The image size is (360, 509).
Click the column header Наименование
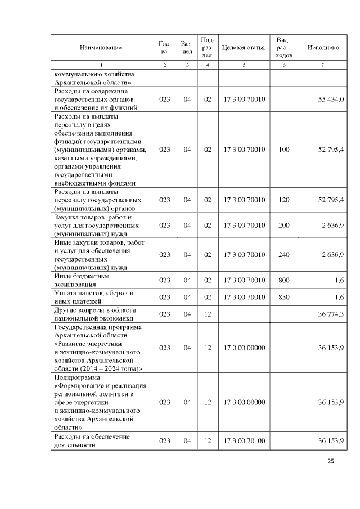[101, 48]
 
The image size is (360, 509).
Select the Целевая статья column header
[244, 48]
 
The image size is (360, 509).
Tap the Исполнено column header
[323, 48]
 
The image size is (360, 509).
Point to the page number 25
[331, 461]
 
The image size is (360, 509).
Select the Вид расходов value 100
[284, 150]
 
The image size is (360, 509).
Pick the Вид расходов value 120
[284, 200]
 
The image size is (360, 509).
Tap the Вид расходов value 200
[284, 225]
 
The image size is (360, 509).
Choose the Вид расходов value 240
[284, 255]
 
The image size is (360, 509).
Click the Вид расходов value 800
[284, 280]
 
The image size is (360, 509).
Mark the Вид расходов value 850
[284, 297]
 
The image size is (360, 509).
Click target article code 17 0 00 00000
[244, 348]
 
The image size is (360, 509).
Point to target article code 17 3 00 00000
[244, 402]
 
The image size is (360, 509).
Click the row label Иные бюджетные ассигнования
[82, 280]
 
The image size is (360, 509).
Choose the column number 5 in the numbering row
[244, 65]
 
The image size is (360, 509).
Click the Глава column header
[164, 48]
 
